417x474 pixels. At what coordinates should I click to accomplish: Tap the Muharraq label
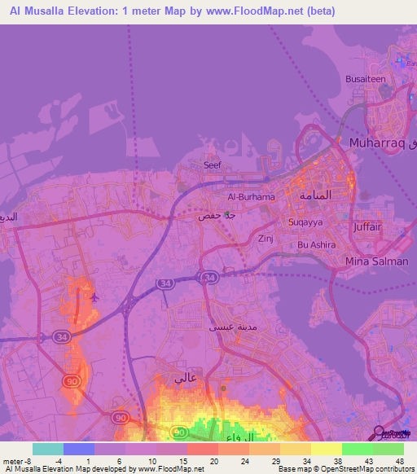[x=379, y=143]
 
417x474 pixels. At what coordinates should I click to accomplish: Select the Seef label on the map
[x=212, y=165]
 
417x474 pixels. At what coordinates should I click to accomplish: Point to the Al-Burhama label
[x=251, y=197]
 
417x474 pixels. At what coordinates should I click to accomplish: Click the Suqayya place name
[x=305, y=222]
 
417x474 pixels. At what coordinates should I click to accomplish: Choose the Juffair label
[x=367, y=227]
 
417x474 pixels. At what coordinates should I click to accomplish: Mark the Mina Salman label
[x=378, y=261]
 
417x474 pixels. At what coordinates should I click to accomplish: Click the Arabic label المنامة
[x=316, y=196]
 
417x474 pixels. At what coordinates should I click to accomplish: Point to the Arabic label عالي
[x=185, y=379]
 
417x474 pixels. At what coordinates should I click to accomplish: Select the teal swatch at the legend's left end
[x=47, y=449]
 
